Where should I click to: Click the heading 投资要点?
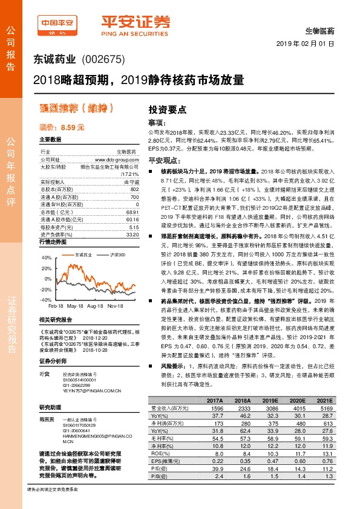tap(167, 109)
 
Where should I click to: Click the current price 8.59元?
tap(61, 128)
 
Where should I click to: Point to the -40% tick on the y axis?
tap(45, 299)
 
